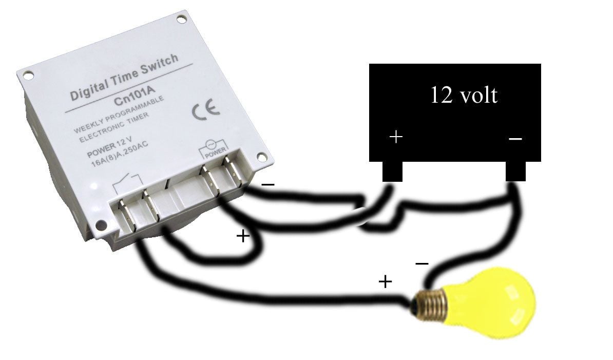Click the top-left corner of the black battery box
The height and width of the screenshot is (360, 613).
click(370, 64)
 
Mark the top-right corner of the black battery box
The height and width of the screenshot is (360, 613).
click(541, 64)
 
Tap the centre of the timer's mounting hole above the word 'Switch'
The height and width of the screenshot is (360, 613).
click(181, 19)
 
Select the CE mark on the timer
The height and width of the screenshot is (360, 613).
click(206, 110)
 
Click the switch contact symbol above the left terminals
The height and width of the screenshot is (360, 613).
click(127, 182)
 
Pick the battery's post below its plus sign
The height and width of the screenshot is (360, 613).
click(392, 172)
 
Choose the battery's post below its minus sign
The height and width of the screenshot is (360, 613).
click(515, 172)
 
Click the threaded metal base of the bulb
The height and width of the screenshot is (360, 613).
click(430, 305)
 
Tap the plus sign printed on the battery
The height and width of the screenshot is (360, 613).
click(396, 137)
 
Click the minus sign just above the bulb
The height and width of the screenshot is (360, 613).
click(422, 264)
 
